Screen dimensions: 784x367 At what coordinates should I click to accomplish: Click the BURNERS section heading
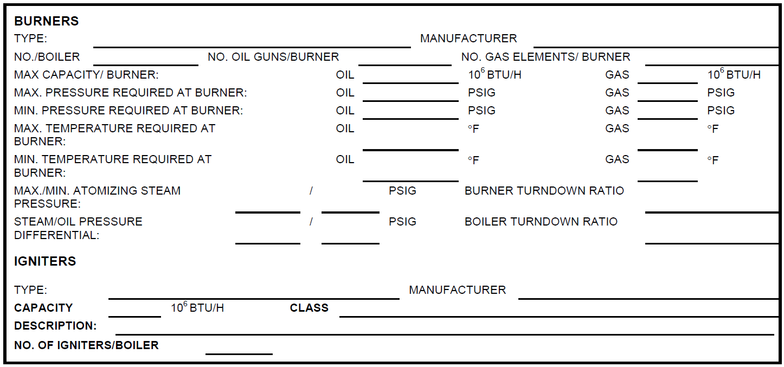(47, 21)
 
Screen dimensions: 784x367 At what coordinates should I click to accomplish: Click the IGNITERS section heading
(45, 261)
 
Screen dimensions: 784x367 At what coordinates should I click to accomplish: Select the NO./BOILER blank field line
(146, 65)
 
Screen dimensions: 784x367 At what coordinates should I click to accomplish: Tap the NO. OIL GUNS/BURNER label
(273, 57)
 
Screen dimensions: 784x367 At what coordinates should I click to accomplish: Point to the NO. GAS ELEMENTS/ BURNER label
(545, 57)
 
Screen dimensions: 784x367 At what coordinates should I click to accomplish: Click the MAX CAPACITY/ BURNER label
(86, 74)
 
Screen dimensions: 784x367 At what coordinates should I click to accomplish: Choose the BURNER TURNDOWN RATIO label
(544, 191)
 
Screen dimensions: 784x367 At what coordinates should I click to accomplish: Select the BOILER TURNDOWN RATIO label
(541, 222)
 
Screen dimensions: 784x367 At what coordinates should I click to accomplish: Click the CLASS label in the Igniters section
(309, 308)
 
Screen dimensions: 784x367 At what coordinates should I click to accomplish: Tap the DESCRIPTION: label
(55, 326)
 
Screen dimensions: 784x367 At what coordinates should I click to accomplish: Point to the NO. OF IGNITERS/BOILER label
(86, 345)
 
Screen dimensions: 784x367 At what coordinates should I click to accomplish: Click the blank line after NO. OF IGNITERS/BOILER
(239, 354)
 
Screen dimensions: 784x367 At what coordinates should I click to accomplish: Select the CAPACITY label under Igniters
(43, 308)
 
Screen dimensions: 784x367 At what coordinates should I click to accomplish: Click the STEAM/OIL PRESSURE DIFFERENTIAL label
(78, 228)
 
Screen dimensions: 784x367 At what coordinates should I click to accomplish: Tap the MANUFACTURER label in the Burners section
(468, 38)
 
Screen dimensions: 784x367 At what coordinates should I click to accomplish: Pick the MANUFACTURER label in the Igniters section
(458, 289)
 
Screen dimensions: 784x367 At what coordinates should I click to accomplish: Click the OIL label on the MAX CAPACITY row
(345, 74)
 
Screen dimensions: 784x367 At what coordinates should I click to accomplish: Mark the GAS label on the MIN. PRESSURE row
(617, 111)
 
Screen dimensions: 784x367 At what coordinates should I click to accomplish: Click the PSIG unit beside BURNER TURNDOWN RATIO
(402, 191)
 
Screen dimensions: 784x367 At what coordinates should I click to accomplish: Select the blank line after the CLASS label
(559, 317)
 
